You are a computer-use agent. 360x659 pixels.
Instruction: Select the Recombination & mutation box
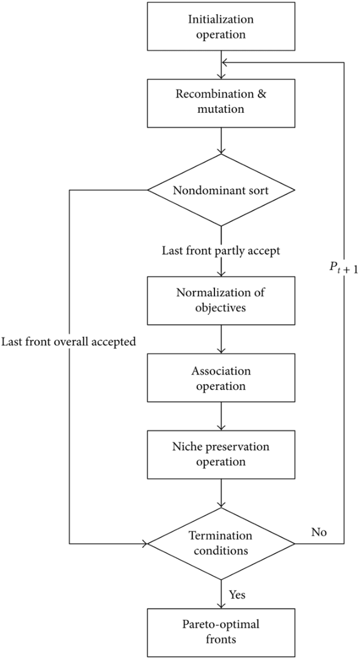[x=221, y=103]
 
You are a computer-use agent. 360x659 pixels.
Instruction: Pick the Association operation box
[x=221, y=379]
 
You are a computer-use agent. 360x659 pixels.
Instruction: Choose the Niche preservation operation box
[x=221, y=454]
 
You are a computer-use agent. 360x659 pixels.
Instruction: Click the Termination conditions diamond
[x=221, y=544]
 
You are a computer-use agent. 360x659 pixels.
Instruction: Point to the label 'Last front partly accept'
[x=221, y=251]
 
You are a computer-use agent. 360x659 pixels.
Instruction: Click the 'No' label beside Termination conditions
[x=318, y=531]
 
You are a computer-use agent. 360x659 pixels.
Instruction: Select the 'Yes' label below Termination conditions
[x=237, y=594]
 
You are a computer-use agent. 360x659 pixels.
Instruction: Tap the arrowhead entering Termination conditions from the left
[x=149, y=544]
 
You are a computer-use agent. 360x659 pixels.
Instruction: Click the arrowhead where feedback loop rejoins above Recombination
[x=225, y=63]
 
